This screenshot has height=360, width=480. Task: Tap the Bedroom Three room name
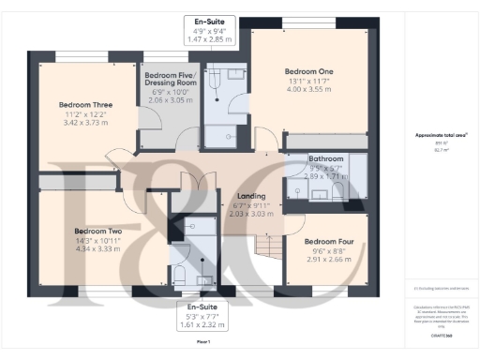tap(85, 104)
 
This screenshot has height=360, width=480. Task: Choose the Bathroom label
tap(327, 159)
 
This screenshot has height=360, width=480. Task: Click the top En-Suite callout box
tap(210, 31)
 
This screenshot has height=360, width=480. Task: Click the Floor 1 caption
tap(202, 342)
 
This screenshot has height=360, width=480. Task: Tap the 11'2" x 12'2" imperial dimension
tap(85, 113)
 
